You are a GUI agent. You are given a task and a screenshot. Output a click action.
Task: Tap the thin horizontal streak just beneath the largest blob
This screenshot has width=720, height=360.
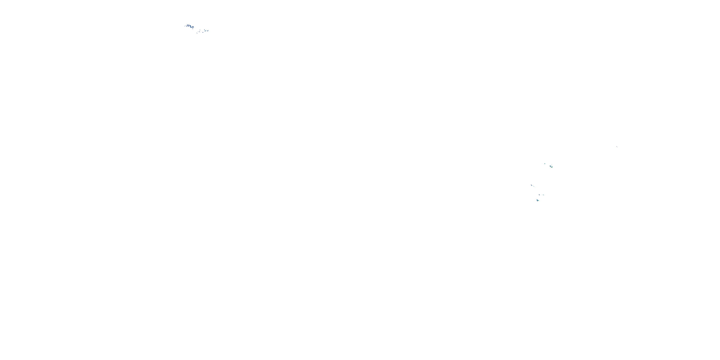click(x=193, y=29)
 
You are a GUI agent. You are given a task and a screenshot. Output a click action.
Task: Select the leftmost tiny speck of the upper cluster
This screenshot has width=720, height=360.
click(x=185, y=26)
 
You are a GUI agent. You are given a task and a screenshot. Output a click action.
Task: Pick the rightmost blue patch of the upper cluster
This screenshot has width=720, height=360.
click(x=208, y=31)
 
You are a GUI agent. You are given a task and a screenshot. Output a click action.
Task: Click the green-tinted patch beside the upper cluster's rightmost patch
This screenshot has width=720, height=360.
click(x=205, y=31)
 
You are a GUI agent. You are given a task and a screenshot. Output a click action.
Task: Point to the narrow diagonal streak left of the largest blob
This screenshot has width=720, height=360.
click(x=187, y=26)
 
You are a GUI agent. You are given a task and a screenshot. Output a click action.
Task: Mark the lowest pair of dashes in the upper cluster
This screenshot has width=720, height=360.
click(x=197, y=33)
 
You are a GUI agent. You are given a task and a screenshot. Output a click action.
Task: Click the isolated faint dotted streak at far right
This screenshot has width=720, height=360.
click(x=617, y=147)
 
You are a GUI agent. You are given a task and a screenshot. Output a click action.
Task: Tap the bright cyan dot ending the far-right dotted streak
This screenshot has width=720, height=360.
click(x=617, y=148)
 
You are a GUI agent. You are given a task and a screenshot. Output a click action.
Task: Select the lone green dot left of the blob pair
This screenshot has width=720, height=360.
click(x=545, y=164)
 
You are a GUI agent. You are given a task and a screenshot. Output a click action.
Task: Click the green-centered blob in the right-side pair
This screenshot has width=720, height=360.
click(x=552, y=167)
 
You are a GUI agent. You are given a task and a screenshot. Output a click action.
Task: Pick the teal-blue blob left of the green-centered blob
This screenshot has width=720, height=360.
click(x=550, y=166)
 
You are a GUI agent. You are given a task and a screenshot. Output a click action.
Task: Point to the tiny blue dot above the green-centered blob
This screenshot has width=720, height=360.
click(x=552, y=165)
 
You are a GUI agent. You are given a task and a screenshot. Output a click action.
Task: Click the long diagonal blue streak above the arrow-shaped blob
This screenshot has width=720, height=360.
click(x=532, y=186)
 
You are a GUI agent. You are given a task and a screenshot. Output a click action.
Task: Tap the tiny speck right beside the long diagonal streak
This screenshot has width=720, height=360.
click(x=534, y=187)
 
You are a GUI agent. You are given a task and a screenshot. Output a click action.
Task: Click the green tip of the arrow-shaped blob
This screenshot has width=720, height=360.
click(x=539, y=201)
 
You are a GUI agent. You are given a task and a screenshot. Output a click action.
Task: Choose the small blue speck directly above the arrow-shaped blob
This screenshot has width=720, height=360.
click(x=540, y=195)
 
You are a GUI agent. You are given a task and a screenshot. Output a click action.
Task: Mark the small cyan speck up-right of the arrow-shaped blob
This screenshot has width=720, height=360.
click(x=543, y=195)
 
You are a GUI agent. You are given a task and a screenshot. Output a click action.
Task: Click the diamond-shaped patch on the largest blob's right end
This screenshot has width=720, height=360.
click(x=193, y=27)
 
